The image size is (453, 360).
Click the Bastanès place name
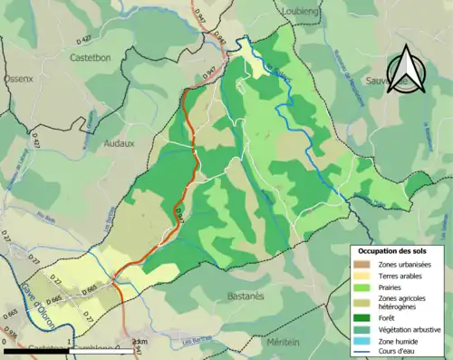pos(240,296)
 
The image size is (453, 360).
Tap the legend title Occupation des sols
pos(397,249)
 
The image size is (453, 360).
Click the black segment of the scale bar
pos(36,350)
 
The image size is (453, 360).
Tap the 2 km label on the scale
pos(139,342)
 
